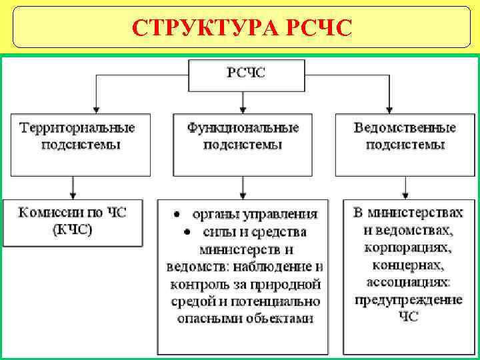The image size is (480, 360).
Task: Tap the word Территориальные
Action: pos(77,127)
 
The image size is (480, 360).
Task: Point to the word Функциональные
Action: pos(243,127)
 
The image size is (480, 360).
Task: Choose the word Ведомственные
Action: pos(405,127)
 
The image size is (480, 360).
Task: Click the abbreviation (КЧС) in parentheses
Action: pos(72,231)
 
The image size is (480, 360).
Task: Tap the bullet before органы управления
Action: pos(177,215)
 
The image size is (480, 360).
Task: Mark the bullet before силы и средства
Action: pos(187,232)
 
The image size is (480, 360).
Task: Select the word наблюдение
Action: pos(283,267)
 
